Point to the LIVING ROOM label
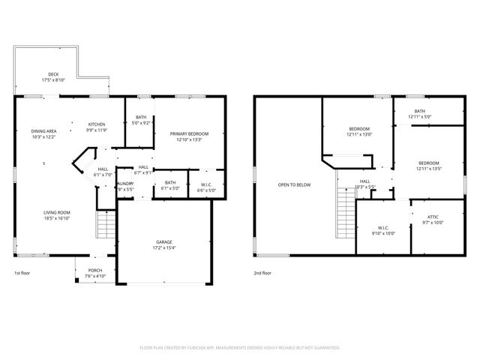pyautogui.click(x=56, y=215)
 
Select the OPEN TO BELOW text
pyautogui.click(x=294, y=184)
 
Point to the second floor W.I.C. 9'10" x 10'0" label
pyautogui.click(x=382, y=230)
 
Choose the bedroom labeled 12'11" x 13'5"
pyautogui.click(x=428, y=166)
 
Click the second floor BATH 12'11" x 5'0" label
pyautogui.click(x=419, y=114)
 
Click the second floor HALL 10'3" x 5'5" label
pyautogui.click(x=365, y=184)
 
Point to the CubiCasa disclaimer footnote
pyautogui.click(x=240, y=347)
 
